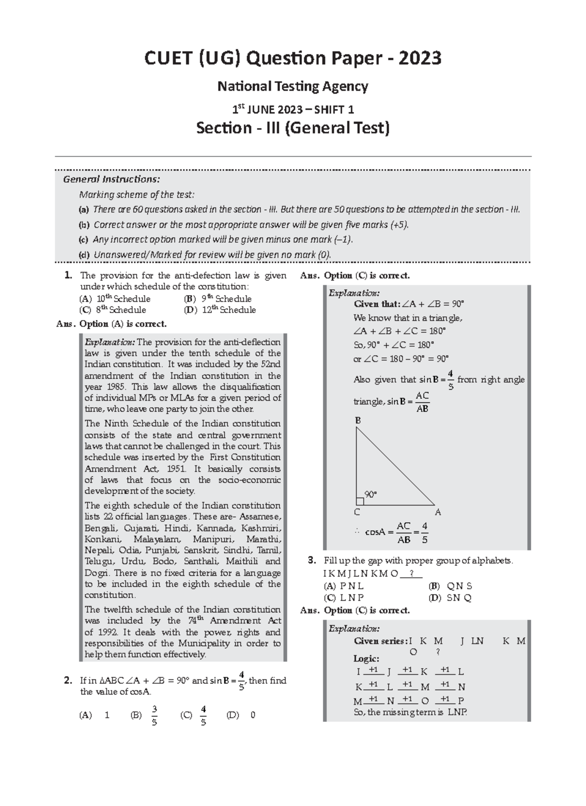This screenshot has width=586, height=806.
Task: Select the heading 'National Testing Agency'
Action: click(x=293, y=86)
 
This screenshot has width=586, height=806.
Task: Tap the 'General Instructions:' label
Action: click(x=111, y=179)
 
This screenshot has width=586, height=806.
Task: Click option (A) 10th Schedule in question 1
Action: click(x=115, y=299)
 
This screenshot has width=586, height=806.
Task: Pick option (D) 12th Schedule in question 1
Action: click(x=220, y=310)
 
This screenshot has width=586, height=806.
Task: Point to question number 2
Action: click(x=68, y=680)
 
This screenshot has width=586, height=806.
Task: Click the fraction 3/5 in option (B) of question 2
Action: click(x=154, y=715)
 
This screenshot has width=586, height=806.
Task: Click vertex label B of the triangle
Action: click(x=358, y=421)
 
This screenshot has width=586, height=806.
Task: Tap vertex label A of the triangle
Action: click(x=438, y=512)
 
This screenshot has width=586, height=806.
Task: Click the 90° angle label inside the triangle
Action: click(x=371, y=494)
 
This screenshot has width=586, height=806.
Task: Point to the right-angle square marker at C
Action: click(x=360, y=501)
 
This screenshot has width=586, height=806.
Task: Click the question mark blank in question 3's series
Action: click(x=412, y=573)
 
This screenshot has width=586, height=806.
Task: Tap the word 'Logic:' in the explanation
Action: click(x=366, y=658)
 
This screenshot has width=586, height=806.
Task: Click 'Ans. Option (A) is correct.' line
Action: click(x=112, y=324)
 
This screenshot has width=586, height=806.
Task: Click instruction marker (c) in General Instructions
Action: click(x=84, y=240)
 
